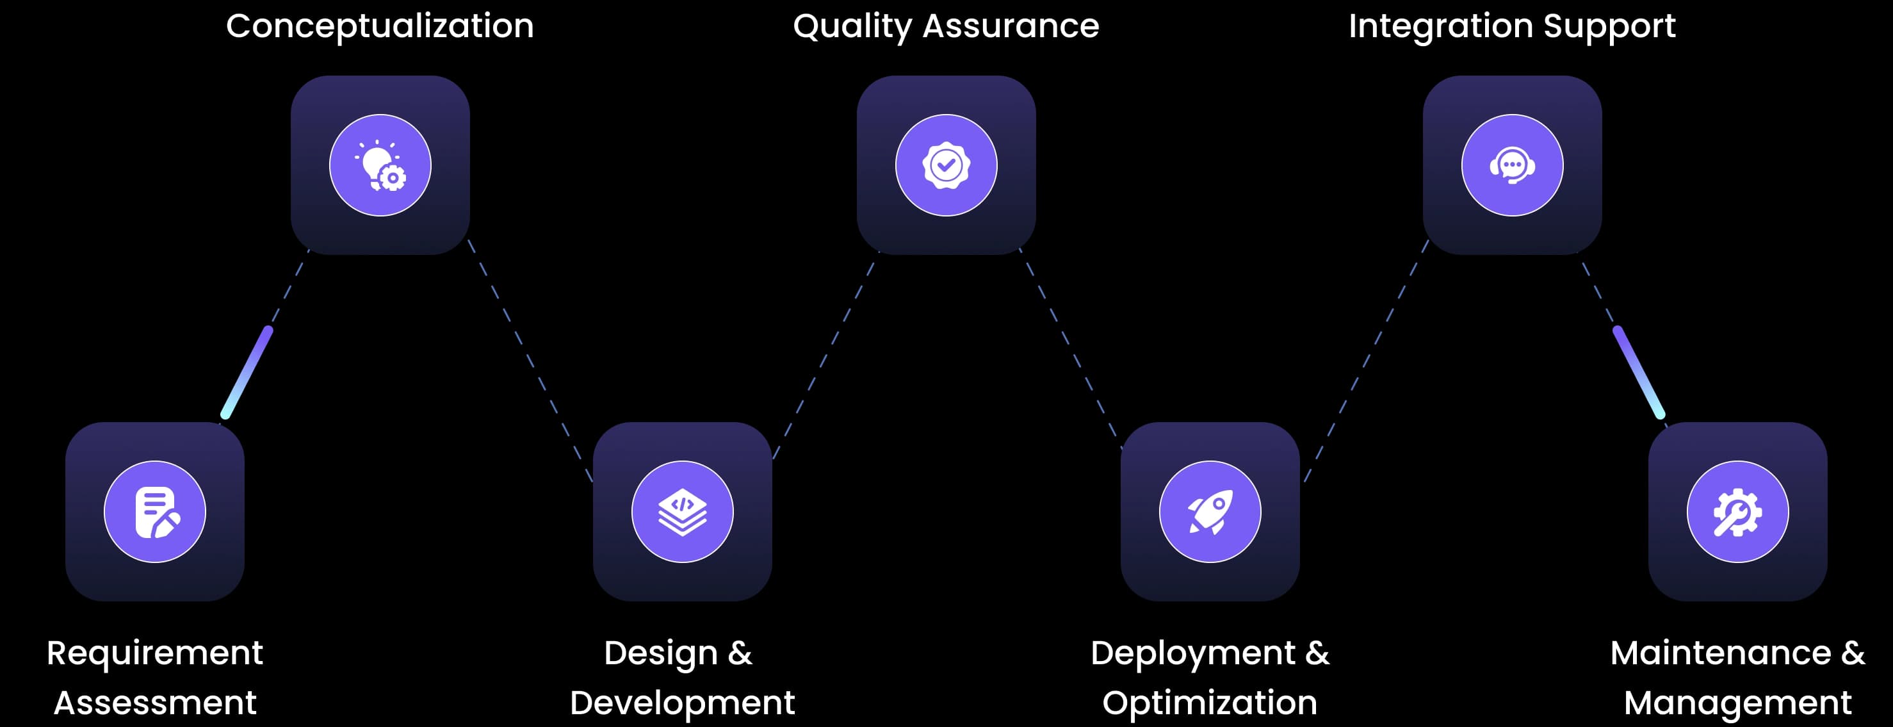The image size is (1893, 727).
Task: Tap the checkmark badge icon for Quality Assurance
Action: pos(946,165)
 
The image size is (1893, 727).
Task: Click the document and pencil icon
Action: pos(156,512)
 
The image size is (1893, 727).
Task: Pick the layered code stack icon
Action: pos(682,512)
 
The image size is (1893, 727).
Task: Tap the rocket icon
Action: pos(1210,512)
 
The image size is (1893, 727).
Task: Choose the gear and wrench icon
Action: pos(1737,512)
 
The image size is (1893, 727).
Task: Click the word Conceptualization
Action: pos(380,26)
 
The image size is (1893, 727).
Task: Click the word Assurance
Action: pos(1011,26)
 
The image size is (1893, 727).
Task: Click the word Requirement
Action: pos(154,653)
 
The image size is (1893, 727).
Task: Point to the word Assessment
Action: pos(155,703)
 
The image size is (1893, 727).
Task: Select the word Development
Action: pos(682,703)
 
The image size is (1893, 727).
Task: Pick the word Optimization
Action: pos(1210,703)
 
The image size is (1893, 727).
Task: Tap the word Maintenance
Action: pos(1720,653)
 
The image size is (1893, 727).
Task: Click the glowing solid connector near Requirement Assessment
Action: pos(247,373)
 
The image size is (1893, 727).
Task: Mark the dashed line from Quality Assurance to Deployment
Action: pos(1071,348)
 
